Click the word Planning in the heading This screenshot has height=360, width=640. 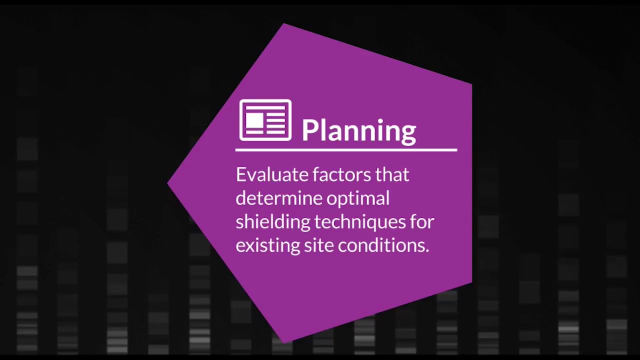(358, 130)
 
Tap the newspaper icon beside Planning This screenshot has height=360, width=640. (265, 120)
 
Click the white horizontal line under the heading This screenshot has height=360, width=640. (346, 149)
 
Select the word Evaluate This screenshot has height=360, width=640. (272, 174)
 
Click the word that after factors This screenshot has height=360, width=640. (392, 174)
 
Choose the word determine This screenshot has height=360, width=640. (278, 198)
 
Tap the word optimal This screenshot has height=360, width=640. (358, 199)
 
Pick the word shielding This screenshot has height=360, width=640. (272, 222)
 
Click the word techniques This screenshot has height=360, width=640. (360, 222)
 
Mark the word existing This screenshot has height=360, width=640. (267, 245)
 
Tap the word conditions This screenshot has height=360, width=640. (383, 245)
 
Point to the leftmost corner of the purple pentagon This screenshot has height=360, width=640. (168, 183)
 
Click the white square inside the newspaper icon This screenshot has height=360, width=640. (254, 120)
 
